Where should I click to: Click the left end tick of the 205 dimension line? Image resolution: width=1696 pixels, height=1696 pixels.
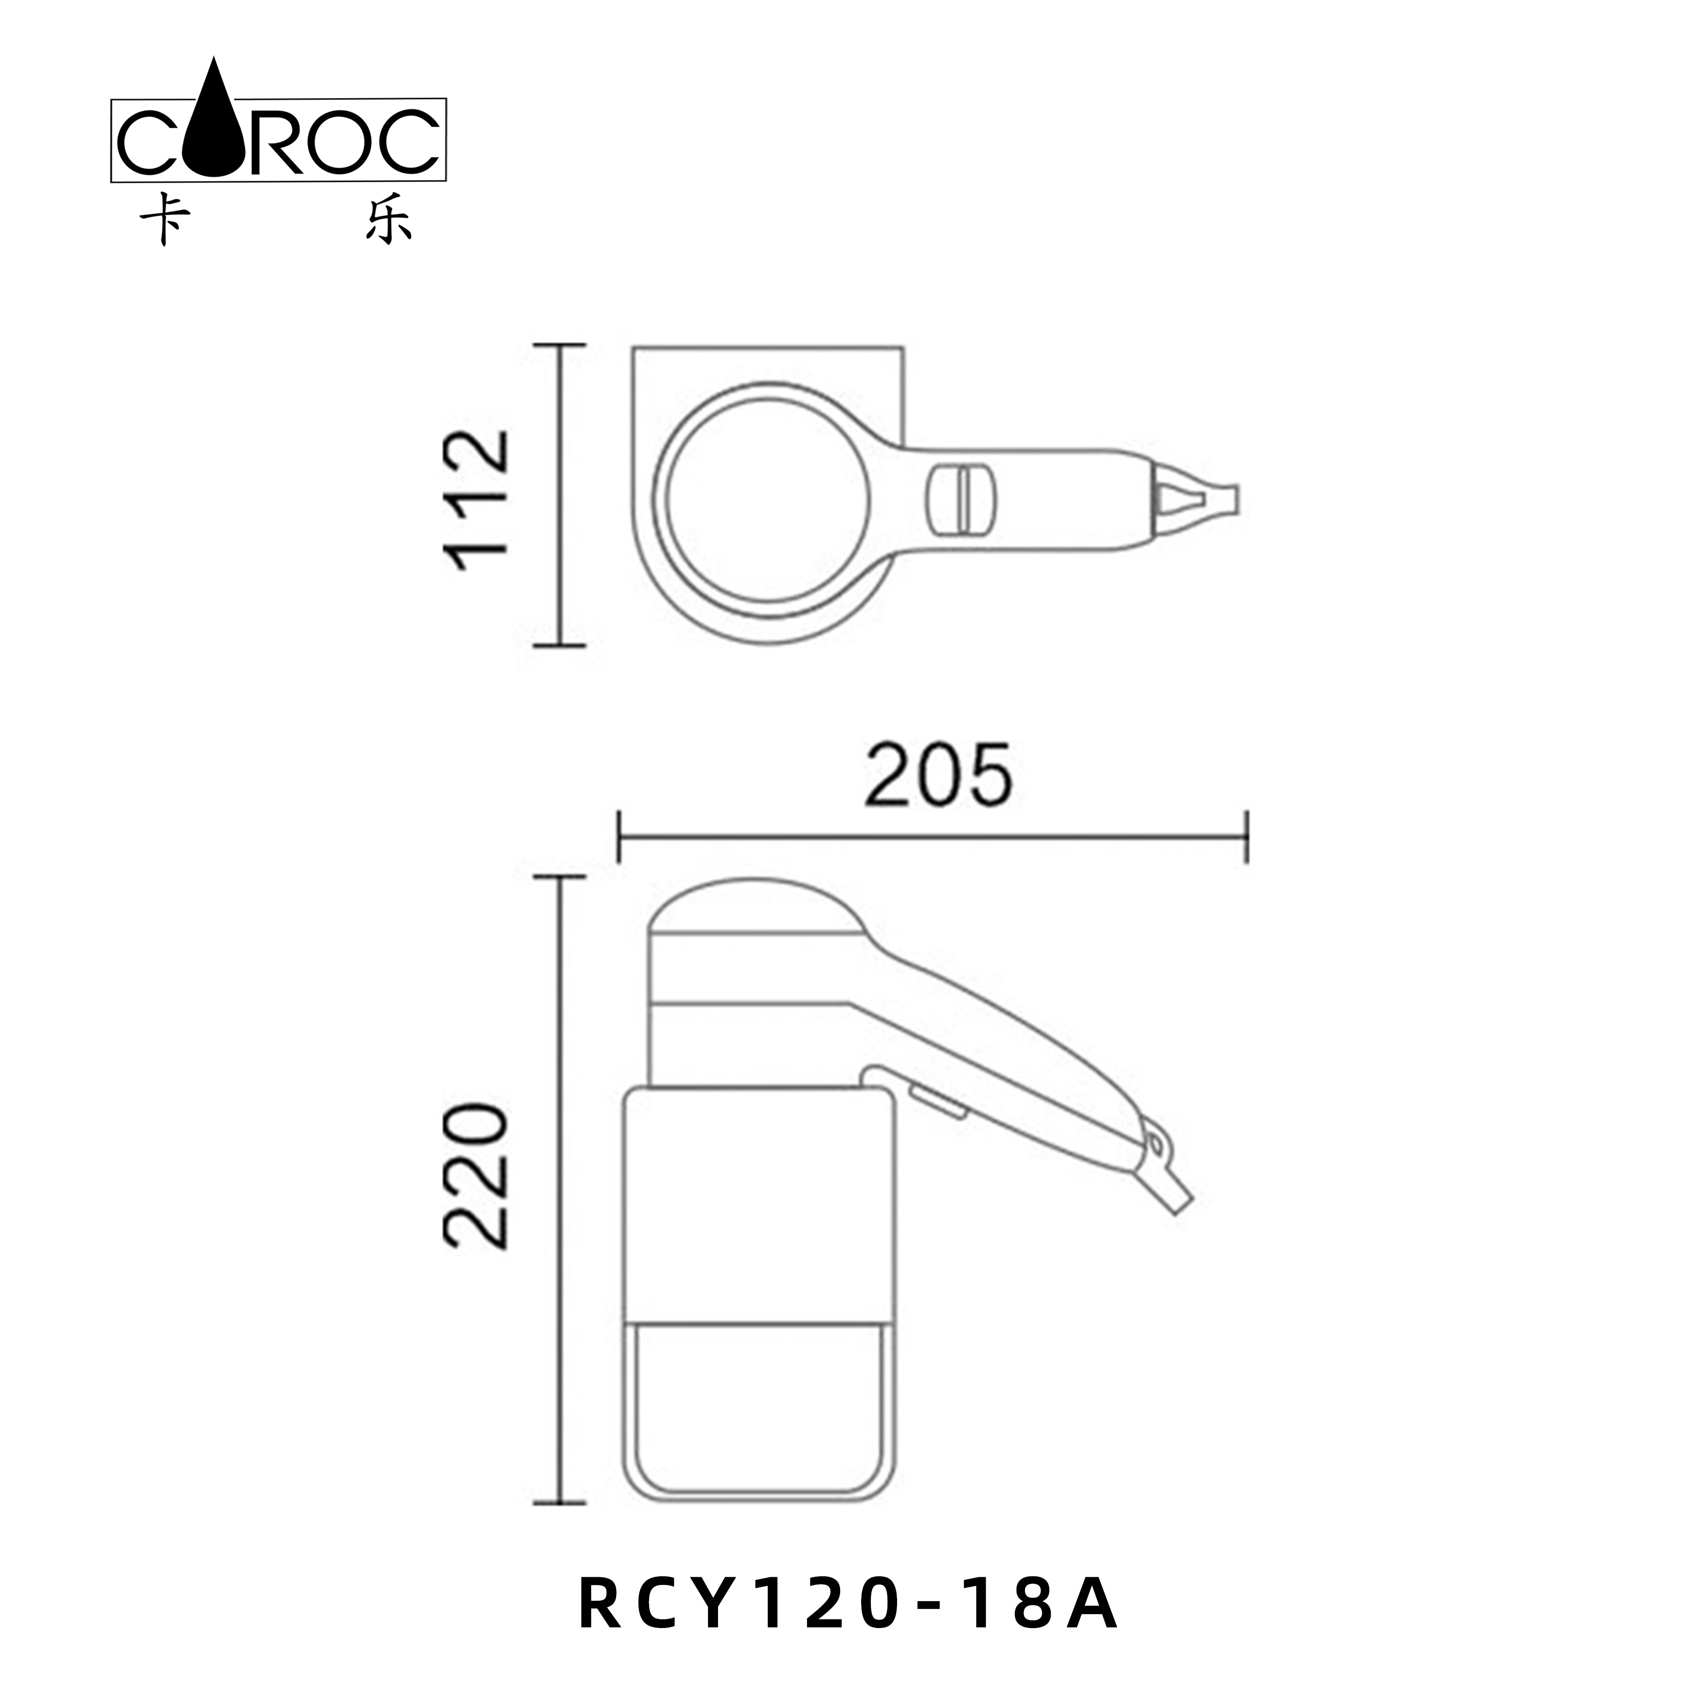coord(620,837)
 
